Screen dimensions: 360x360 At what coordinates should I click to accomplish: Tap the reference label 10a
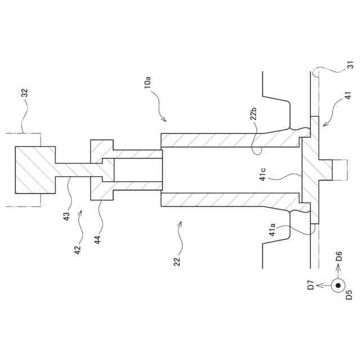click(x=147, y=82)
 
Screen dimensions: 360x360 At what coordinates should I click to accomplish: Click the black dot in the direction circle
click(x=338, y=286)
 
